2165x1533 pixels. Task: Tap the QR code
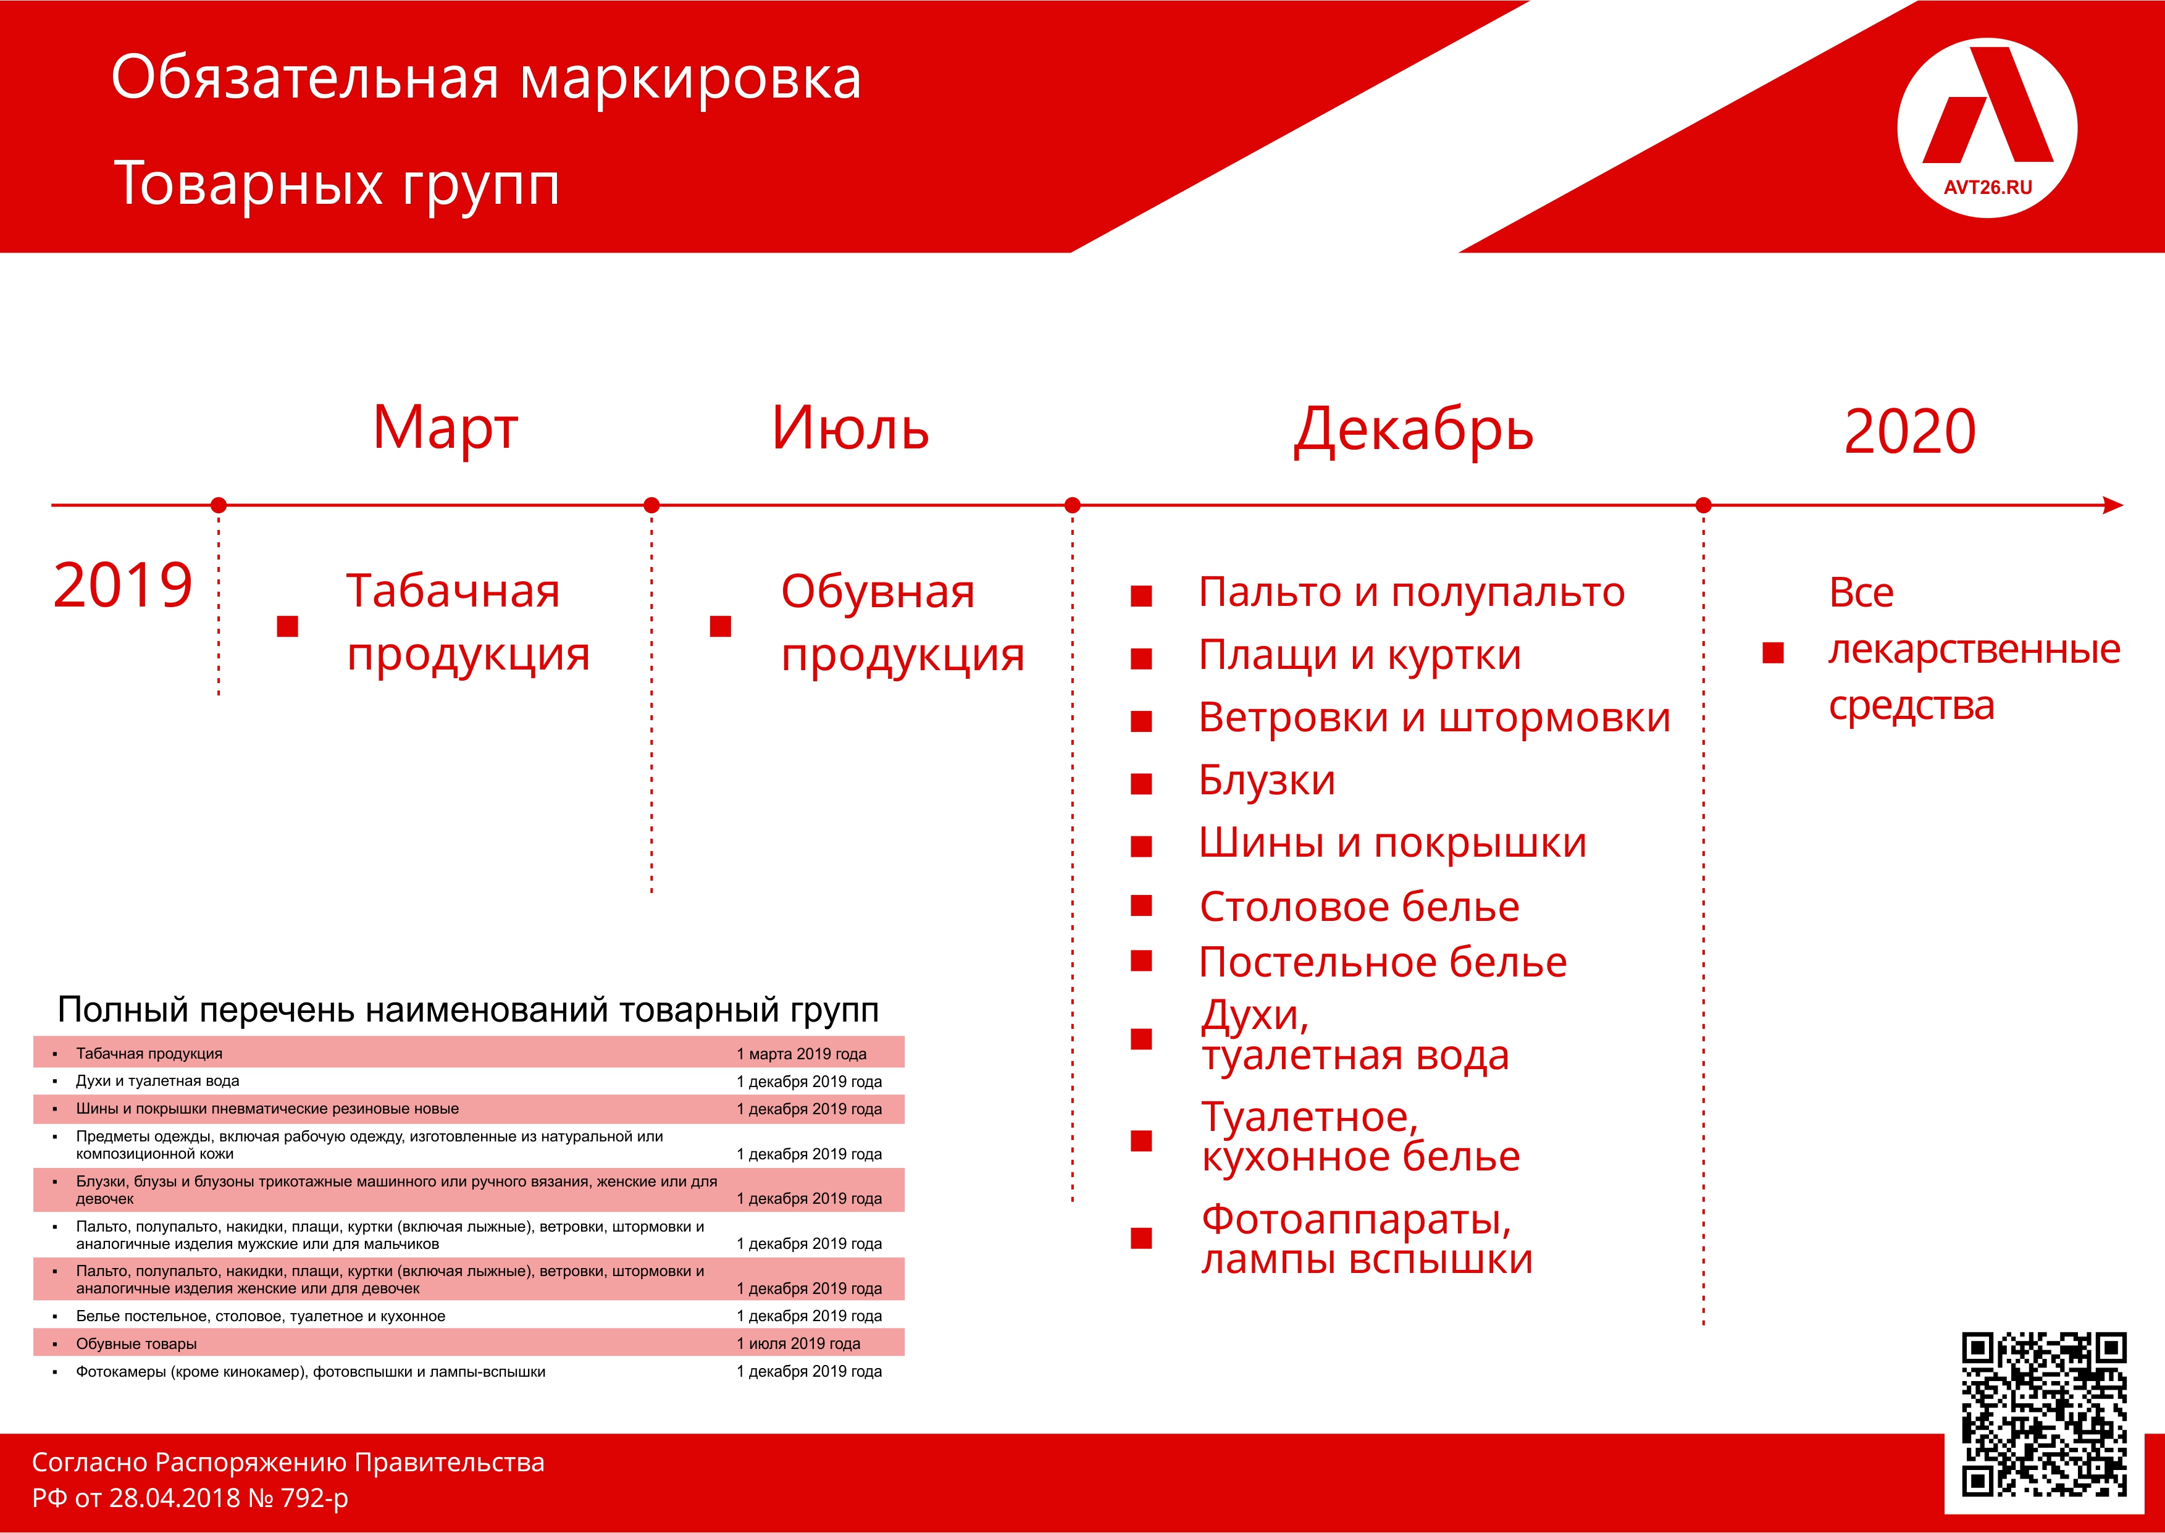(x=2043, y=1414)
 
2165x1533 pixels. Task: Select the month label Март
(x=445, y=429)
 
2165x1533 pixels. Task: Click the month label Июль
(x=850, y=429)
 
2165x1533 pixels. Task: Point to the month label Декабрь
(x=1413, y=431)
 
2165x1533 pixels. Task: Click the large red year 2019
(x=123, y=586)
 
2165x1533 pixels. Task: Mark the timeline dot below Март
(x=218, y=505)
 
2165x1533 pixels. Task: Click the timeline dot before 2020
(x=1704, y=505)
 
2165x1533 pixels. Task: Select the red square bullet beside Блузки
(x=1141, y=784)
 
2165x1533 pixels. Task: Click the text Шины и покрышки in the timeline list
(x=1392, y=843)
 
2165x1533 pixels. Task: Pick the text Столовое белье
(x=1359, y=907)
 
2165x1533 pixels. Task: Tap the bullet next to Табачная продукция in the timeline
(x=287, y=626)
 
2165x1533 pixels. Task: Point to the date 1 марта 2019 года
(x=802, y=1054)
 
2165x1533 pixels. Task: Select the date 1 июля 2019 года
(x=798, y=1343)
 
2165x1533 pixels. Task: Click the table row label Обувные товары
(x=137, y=1343)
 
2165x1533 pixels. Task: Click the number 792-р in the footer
(x=314, y=1498)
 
